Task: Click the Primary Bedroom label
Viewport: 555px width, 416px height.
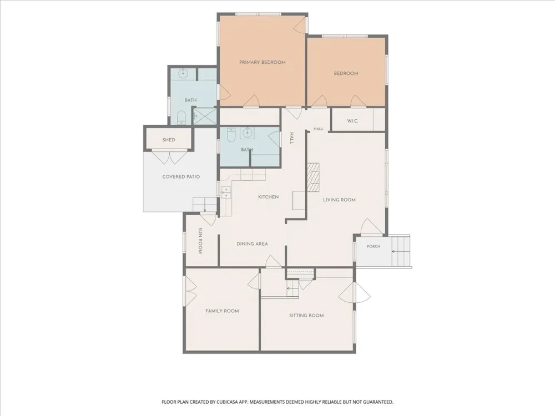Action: point(263,62)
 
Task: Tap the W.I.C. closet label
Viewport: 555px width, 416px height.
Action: point(352,121)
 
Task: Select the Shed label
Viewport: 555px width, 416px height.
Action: point(169,140)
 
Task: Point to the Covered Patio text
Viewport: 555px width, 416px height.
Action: point(181,176)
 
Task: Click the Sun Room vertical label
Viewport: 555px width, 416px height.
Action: point(200,241)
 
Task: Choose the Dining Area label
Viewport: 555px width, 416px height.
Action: point(252,243)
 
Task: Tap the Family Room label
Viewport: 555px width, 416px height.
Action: point(222,311)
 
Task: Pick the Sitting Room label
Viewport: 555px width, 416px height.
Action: point(306,316)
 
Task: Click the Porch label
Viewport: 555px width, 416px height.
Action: point(374,247)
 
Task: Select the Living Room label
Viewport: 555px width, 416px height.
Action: point(339,200)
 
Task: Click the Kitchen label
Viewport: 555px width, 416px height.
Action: point(268,197)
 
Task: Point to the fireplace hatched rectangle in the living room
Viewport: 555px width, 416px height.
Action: point(313,177)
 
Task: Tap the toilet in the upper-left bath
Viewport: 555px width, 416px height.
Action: point(181,117)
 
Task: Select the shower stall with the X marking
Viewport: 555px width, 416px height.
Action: point(205,116)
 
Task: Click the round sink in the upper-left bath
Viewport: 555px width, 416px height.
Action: point(183,74)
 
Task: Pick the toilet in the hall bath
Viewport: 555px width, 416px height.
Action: point(231,135)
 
